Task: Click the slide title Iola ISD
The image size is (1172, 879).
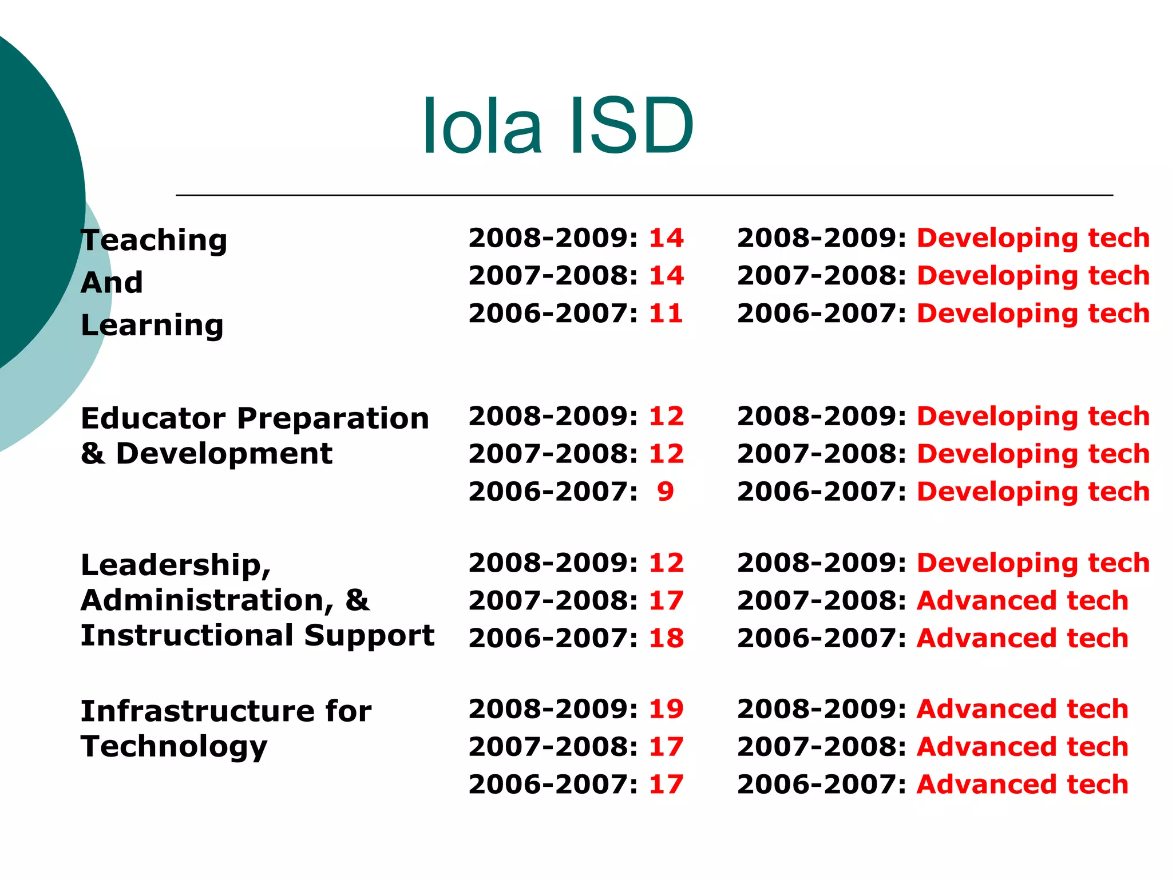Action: pos(558,126)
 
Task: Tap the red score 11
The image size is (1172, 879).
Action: pos(666,314)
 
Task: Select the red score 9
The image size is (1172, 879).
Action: pos(666,492)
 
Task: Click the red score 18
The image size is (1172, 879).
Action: pos(666,638)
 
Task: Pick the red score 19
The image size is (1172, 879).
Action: pos(666,709)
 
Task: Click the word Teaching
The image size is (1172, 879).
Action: pos(154,240)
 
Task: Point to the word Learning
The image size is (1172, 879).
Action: pos(152,326)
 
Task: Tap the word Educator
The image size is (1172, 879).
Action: pos(153,418)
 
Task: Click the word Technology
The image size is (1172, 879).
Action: pos(174,747)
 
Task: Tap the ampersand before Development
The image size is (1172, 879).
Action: pos(92,454)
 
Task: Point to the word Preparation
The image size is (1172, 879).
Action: pos(333,418)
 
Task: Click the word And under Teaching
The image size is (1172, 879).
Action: pos(112,283)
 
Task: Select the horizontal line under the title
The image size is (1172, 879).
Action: pos(644,195)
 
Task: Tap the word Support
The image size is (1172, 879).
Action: pos(369,636)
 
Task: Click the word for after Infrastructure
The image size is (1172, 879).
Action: pos(349,711)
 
